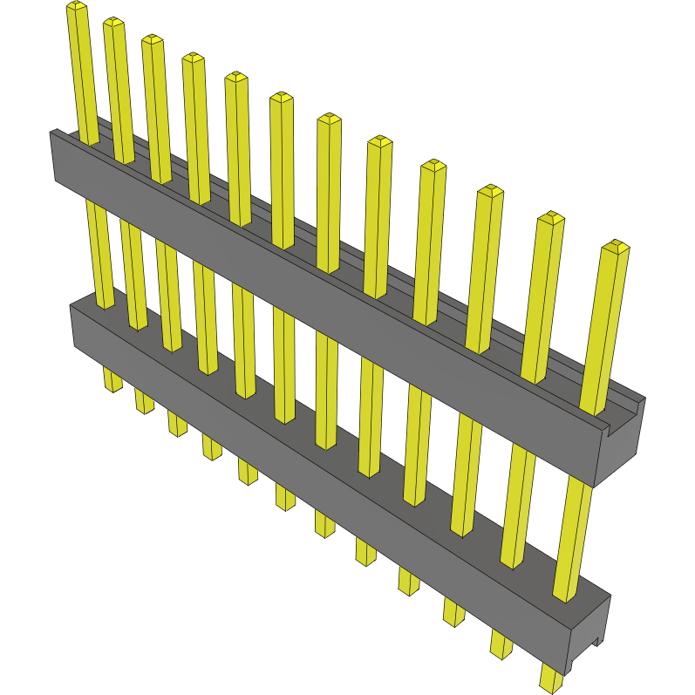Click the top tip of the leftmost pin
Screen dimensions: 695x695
coord(76,7)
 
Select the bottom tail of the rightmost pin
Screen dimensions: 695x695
coord(551,678)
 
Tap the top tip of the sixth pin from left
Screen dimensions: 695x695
coord(281,98)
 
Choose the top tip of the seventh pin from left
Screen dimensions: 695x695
coord(328,119)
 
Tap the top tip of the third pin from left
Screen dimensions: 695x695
coord(153,40)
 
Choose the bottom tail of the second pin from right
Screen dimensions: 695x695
coord(501,644)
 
